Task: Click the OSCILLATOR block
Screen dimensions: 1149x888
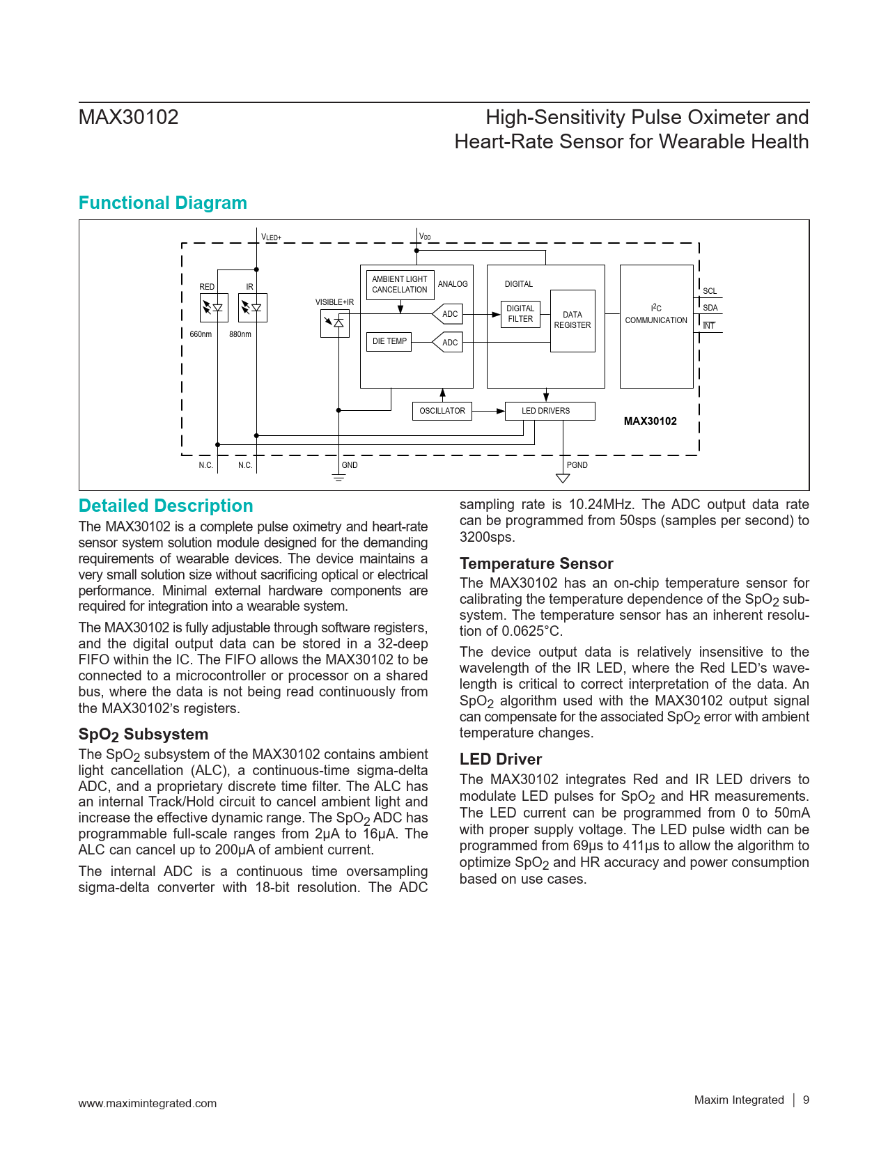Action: point(442,411)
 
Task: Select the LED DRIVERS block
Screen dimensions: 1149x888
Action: point(549,411)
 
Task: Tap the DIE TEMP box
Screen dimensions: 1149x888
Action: point(389,341)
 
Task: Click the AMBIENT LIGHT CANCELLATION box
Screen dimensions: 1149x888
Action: point(400,284)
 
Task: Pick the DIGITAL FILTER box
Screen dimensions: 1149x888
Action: point(520,313)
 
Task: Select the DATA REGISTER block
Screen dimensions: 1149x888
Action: point(572,320)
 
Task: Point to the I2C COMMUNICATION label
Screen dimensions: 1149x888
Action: point(656,315)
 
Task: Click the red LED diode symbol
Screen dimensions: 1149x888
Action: point(214,307)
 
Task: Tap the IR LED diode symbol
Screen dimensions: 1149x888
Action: point(253,307)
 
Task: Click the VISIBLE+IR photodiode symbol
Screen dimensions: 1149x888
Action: point(335,322)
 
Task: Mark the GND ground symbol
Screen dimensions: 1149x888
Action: point(338,478)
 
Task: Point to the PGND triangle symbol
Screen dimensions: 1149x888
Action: point(563,478)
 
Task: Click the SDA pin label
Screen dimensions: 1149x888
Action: point(710,308)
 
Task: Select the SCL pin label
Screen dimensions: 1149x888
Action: point(710,291)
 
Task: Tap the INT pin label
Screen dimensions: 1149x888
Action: point(709,325)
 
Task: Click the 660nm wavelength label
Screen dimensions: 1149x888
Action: point(201,334)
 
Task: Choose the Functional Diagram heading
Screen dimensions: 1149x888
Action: point(163,203)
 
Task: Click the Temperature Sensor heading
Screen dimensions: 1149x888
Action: point(536,563)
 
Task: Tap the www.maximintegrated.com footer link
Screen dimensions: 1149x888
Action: point(148,1103)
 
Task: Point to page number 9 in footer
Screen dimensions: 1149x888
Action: point(806,1100)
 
